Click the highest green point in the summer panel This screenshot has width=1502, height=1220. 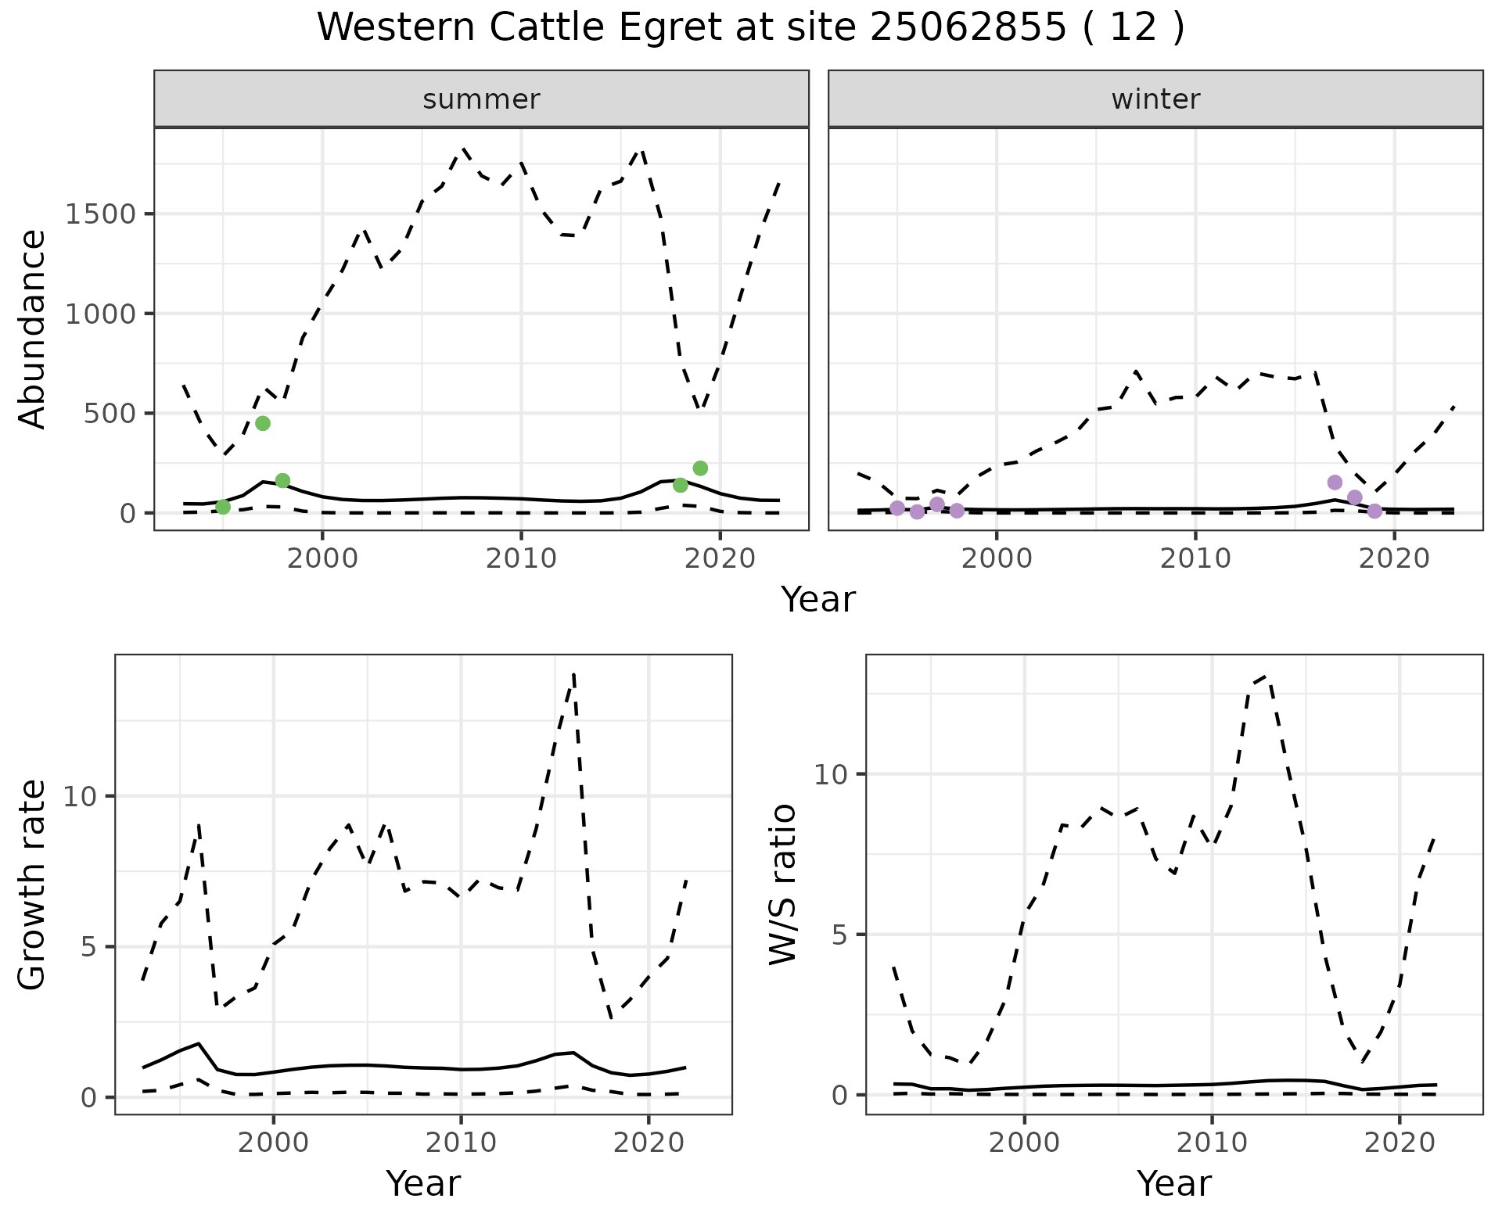[x=263, y=423]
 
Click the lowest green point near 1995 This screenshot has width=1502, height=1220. [x=223, y=507]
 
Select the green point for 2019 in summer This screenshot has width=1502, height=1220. [x=700, y=468]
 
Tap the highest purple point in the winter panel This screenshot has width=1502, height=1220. [x=1335, y=483]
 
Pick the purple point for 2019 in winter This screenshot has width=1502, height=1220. [x=1374, y=511]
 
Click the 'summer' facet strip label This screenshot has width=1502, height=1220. [x=481, y=99]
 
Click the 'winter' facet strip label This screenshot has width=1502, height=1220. [x=1155, y=99]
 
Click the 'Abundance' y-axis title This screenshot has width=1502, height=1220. [x=33, y=328]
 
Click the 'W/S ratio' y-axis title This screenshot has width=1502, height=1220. [x=783, y=884]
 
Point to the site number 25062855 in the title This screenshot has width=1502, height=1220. [x=968, y=27]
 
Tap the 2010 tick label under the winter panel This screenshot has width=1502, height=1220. [x=1195, y=558]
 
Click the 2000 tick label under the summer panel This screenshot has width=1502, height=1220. [x=322, y=558]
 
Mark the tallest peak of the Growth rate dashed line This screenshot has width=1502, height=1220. [x=574, y=674]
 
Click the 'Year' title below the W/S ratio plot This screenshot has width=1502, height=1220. [x=1174, y=1183]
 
